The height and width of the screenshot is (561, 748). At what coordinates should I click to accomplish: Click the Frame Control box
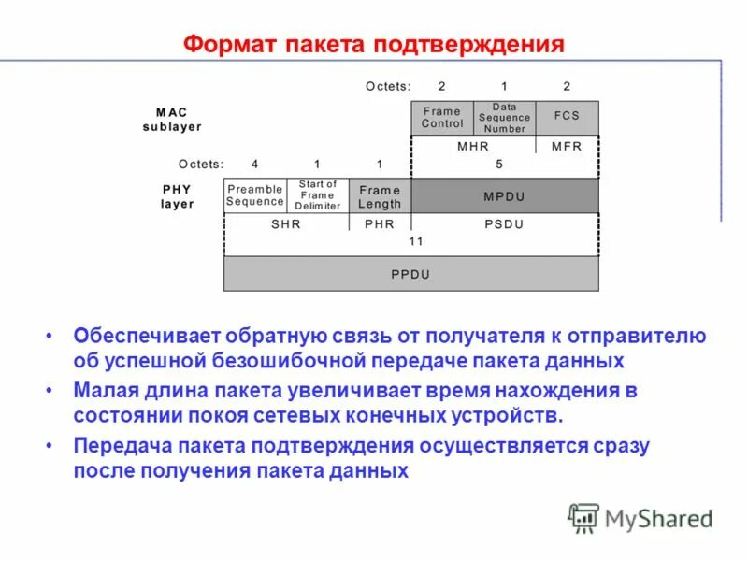[442, 118]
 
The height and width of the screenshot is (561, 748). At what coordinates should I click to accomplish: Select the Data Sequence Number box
[505, 118]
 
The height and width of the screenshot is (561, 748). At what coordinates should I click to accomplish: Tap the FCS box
[567, 116]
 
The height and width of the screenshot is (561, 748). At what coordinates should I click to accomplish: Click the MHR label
[473, 146]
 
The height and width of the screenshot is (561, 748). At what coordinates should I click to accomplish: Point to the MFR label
[567, 146]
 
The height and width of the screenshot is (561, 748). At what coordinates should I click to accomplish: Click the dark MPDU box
[505, 196]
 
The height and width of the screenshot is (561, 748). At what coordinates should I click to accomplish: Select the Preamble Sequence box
[254, 195]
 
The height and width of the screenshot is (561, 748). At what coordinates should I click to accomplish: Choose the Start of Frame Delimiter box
[318, 195]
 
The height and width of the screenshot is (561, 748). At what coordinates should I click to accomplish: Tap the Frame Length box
[380, 196]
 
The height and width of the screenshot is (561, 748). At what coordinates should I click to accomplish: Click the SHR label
[286, 224]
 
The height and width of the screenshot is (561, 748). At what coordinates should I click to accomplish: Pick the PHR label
[380, 224]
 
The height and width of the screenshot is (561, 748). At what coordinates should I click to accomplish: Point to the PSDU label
[505, 224]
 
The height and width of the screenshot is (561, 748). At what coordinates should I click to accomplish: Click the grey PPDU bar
[410, 275]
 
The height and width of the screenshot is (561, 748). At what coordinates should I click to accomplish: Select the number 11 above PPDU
[416, 241]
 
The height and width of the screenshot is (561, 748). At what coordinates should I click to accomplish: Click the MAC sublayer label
[172, 120]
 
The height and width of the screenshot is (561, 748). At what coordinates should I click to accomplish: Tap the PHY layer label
[178, 196]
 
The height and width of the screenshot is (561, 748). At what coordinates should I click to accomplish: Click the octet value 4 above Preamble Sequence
[254, 164]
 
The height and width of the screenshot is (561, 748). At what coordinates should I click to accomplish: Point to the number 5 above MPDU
[499, 164]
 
